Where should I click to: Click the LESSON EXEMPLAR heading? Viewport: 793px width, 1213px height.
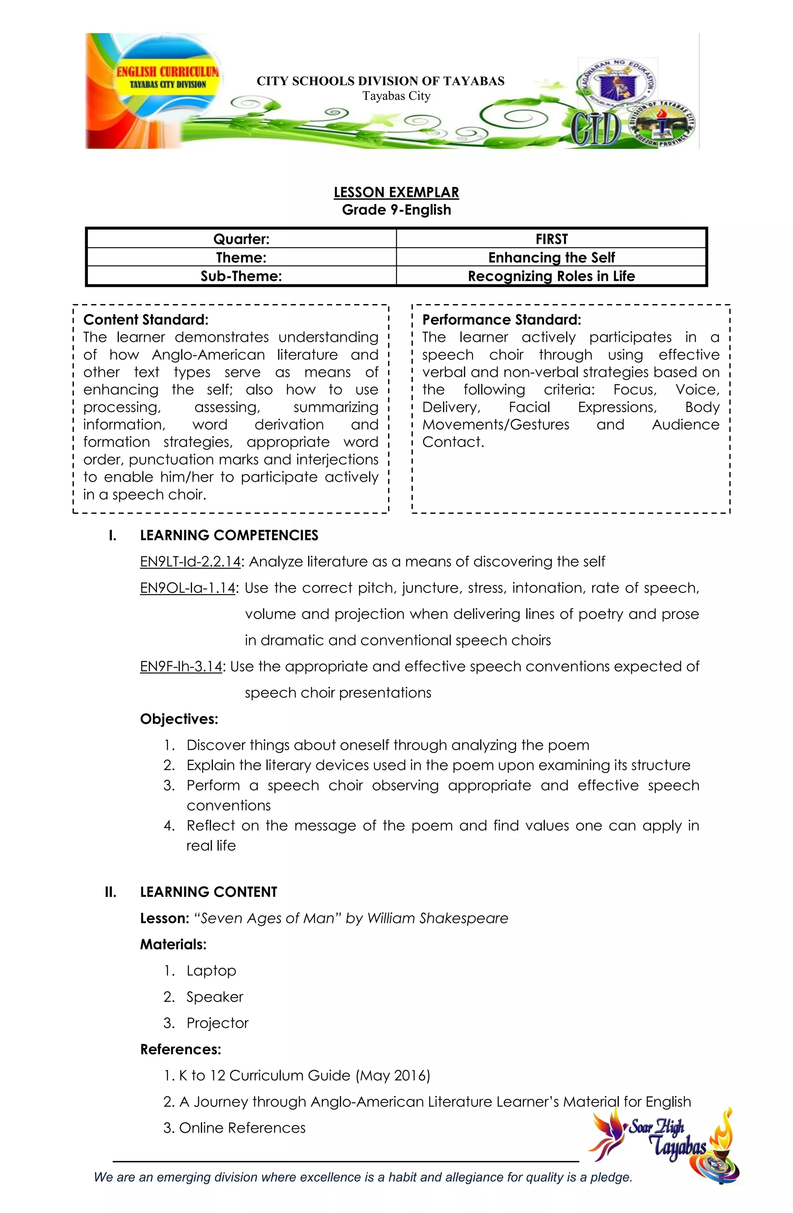(x=396, y=192)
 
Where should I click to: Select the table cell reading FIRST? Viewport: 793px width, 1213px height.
(x=551, y=239)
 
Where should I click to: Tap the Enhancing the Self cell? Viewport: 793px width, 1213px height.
(x=551, y=258)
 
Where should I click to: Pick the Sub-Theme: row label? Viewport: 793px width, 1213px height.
(x=241, y=276)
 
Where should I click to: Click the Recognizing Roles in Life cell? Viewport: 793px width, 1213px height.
(x=551, y=276)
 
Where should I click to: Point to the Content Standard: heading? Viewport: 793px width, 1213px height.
(x=146, y=320)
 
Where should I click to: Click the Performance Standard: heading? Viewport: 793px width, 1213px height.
(x=501, y=320)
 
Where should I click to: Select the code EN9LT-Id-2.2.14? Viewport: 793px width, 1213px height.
(x=190, y=561)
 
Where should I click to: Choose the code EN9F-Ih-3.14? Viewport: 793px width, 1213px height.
(x=181, y=666)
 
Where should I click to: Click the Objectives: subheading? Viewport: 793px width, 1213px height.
(x=179, y=719)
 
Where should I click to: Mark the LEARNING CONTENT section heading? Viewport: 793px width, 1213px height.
(x=208, y=892)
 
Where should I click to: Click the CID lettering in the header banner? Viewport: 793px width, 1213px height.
(x=595, y=130)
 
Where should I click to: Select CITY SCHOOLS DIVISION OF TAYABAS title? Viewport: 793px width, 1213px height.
(x=380, y=81)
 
